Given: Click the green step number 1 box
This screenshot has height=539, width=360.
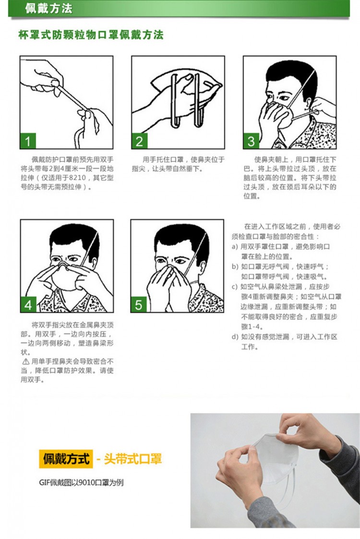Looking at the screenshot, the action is tap(28, 141).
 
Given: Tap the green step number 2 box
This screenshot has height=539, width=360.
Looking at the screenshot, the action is tap(140, 141).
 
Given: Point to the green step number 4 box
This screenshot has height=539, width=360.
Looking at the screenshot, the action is tap(28, 305).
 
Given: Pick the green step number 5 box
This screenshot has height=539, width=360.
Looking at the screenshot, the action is tap(139, 305).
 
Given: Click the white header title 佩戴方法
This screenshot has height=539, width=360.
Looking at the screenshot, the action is tap(48, 8).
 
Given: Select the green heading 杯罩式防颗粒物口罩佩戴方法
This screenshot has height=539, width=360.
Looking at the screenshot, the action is tap(91, 35).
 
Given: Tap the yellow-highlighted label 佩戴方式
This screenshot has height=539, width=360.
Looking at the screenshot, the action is tap(66, 459).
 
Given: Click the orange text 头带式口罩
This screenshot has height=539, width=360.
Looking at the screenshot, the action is tap(132, 459).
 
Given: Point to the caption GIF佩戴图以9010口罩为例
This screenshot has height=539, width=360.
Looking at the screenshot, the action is tap(81, 483).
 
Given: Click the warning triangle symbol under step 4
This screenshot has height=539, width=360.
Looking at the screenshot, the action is tap(26, 362).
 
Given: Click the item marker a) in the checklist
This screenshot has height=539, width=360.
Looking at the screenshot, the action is tap(235, 247).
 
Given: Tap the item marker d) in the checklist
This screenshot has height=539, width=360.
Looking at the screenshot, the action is tap(235, 337).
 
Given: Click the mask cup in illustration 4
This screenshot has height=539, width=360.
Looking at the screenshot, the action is tap(65, 279).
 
